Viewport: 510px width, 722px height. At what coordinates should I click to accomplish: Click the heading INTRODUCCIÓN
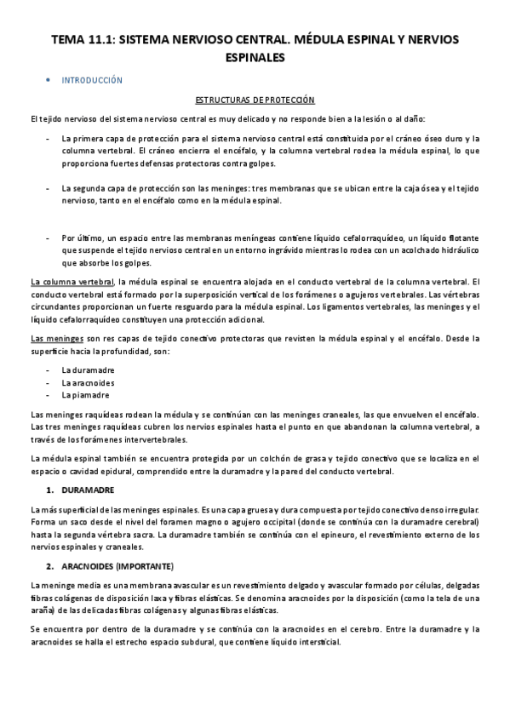[x=92, y=80]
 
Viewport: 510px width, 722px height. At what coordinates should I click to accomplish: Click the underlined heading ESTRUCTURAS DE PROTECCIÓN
[x=255, y=99]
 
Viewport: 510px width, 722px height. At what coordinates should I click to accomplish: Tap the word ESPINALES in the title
[x=255, y=57]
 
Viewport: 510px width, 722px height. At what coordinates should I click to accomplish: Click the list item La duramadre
[x=88, y=370]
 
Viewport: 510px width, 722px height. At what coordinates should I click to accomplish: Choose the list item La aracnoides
[x=89, y=382]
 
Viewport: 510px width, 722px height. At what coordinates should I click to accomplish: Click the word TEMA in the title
[x=63, y=40]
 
